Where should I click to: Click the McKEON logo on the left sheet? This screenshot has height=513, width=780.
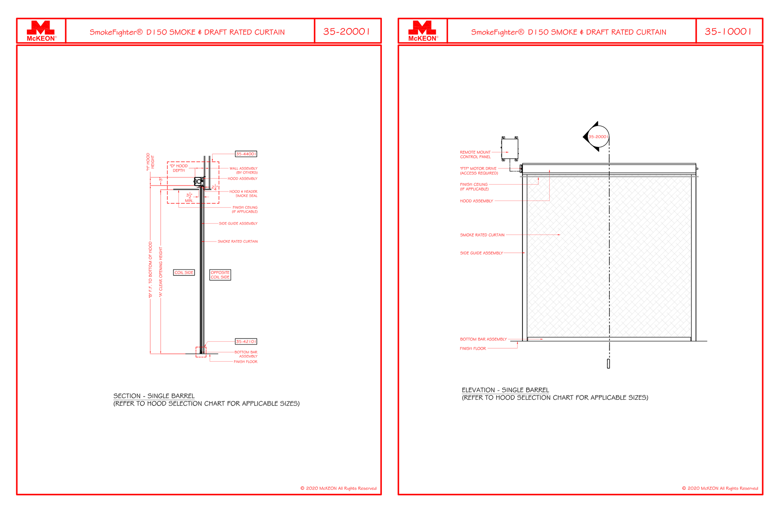tap(41, 31)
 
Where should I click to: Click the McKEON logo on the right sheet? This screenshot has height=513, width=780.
tap(422, 31)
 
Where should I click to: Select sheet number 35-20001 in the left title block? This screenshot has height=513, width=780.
tap(347, 32)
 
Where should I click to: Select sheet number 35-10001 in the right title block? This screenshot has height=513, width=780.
tap(728, 32)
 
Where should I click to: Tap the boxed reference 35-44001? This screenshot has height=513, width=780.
tap(246, 154)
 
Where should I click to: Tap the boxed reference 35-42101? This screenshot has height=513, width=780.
tap(246, 341)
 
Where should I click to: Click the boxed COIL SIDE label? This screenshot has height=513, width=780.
tap(184, 272)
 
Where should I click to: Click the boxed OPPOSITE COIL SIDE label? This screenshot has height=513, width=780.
tap(220, 275)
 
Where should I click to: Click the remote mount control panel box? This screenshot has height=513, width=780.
tap(510, 149)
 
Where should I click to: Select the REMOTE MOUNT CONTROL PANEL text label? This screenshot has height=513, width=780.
tap(475, 155)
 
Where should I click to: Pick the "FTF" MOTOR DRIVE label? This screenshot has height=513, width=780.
tap(479, 171)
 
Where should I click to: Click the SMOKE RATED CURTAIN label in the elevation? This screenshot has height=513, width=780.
tap(482, 235)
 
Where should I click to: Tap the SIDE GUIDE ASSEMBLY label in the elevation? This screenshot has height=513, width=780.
tap(481, 253)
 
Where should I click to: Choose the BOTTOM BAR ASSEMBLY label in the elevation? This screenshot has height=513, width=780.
tap(483, 339)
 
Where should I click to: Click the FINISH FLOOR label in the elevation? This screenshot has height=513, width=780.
tap(473, 349)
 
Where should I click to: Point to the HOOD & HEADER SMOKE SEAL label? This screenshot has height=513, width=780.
tap(243, 194)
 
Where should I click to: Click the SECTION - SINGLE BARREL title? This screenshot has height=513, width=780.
tap(154, 396)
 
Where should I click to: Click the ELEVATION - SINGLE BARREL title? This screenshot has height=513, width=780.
tap(505, 390)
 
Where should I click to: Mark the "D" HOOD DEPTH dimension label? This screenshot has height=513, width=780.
tap(179, 168)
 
